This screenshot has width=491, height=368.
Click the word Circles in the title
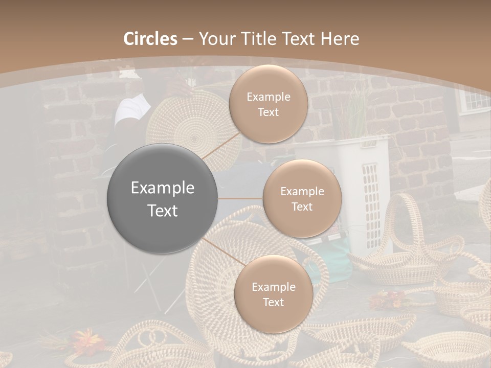[150, 39]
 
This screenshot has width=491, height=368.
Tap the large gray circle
[163, 199]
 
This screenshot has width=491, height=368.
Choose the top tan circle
[268, 104]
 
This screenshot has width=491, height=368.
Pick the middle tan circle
[302, 199]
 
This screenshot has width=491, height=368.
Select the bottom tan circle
[273, 294]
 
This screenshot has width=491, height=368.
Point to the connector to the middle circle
[240, 198]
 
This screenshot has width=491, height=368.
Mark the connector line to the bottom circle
[220, 250]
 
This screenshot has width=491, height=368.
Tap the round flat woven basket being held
[194, 128]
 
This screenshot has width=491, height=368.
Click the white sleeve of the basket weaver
[131, 110]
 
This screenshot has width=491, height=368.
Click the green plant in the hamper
[353, 115]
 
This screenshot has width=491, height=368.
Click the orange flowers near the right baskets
[386, 299]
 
